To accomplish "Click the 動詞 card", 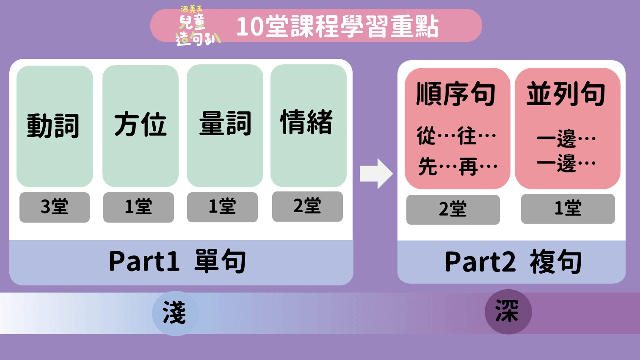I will (55, 126).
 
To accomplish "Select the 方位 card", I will (141, 126).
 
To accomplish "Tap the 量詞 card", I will (225, 125).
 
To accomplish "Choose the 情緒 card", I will (308, 125).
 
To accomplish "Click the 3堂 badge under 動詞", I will (55, 207).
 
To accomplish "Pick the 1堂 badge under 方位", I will (138, 207).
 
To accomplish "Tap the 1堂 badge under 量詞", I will (222, 207).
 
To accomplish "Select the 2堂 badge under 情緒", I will (307, 206).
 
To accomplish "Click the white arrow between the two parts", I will (376, 173).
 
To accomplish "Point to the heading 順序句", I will (456, 94).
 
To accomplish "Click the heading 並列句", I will (566, 94).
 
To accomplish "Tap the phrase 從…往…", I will (456, 136).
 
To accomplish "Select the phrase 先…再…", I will (458, 166).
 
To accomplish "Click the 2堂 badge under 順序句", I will (453, 210).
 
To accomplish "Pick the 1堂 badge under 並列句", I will (568, 209).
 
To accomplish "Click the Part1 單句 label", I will (178, 261).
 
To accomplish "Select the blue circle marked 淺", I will (175, 313).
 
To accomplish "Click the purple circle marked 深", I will (508, 312).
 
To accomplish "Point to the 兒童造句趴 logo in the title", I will (196, 26).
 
